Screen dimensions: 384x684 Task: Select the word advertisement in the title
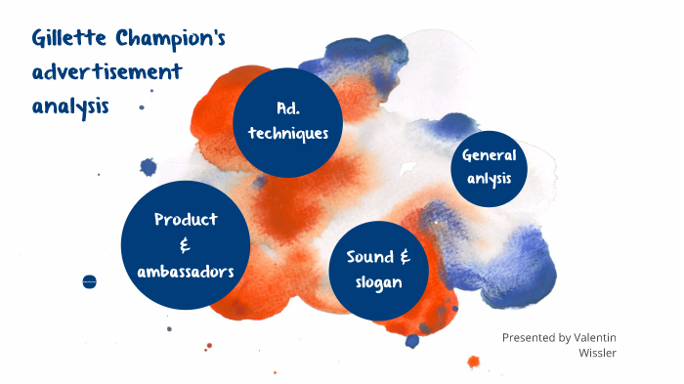tap(107, 72)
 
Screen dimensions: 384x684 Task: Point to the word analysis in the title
tap(69, 105)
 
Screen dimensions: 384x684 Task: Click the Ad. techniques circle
tap(288, 121)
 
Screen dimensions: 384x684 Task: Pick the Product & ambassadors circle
tap(186, 244)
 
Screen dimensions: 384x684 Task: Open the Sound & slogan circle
tap(379, 269)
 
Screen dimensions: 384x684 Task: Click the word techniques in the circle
tap(288, 134)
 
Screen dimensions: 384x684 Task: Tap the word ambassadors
tap(186, 271)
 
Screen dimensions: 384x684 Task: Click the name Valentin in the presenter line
tap(595, 337)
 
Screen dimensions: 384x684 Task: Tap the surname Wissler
tap(597, 352)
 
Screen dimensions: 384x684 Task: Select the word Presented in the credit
tap(529, 337)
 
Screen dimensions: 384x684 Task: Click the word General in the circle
tap(494, 155)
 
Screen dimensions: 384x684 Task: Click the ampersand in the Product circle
tap(185, 245)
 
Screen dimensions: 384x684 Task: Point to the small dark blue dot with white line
tap(90, 281)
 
